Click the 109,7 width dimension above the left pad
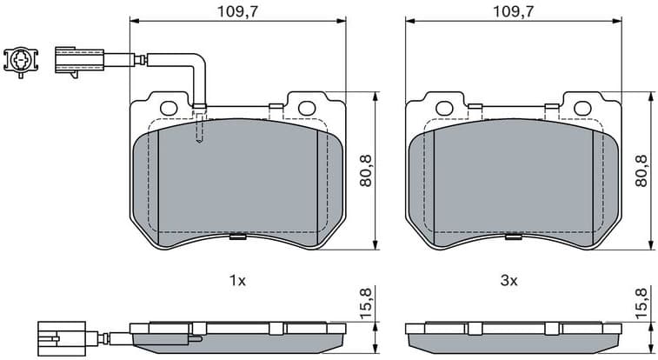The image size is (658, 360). [x=236, y=10]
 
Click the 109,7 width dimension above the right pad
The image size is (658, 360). [x=512, y=10]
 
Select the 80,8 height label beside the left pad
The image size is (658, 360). [x=366, y=170]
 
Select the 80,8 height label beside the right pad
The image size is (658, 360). [x=641, y=170]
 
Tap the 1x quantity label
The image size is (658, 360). [x=237, y=281]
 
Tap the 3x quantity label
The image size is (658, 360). [x=509, y=281]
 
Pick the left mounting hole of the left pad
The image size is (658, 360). [x=169, y=108]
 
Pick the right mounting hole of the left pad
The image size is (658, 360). [x=306, y=108]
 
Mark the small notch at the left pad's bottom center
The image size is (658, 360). [x=236, y=234]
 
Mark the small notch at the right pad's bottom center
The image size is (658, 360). [x=513, y=234]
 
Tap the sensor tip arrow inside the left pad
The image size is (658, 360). [x=200, y=139]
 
